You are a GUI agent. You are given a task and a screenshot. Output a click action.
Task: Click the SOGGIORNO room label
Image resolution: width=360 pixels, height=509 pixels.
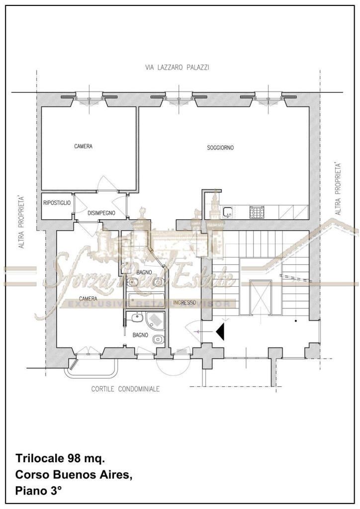coord(220,148)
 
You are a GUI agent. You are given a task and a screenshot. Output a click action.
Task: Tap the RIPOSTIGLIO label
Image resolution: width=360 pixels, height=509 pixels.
coord(57,203)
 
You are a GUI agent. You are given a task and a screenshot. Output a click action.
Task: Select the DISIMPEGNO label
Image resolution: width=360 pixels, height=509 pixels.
coord(101,213)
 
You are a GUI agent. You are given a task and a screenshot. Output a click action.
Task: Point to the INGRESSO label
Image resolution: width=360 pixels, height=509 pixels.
coord(184,303)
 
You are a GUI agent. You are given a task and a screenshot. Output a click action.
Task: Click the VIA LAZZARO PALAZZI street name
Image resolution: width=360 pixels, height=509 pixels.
coord(177,68)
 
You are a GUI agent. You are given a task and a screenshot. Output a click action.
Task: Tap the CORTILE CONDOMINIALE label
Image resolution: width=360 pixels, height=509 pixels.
coord(125,389)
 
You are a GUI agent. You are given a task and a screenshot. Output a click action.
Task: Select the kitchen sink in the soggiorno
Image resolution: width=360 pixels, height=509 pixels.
coord(228,212)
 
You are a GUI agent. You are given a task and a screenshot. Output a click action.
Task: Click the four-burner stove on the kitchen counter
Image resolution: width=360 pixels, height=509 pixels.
coord(257,212)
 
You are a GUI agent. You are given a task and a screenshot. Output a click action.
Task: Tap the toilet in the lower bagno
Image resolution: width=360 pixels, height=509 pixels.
coord(158,339)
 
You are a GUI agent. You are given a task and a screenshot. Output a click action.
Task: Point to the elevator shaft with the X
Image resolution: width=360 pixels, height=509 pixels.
coord(261,297)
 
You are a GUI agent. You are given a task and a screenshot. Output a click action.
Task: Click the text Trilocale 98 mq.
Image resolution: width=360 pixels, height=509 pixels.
coord(60,459)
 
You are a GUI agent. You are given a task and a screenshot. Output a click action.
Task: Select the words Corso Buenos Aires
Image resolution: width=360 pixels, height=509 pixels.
coord(74,475)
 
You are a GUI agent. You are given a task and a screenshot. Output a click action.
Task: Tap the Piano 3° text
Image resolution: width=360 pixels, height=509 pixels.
coord(38,491)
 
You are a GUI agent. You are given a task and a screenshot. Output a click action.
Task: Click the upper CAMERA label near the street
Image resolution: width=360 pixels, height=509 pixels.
coord(83,147)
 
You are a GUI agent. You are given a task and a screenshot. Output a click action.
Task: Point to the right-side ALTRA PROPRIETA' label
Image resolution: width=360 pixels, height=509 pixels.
coord(338,189)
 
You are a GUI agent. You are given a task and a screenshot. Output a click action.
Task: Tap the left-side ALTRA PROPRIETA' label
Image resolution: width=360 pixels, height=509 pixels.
coord(21,222)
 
